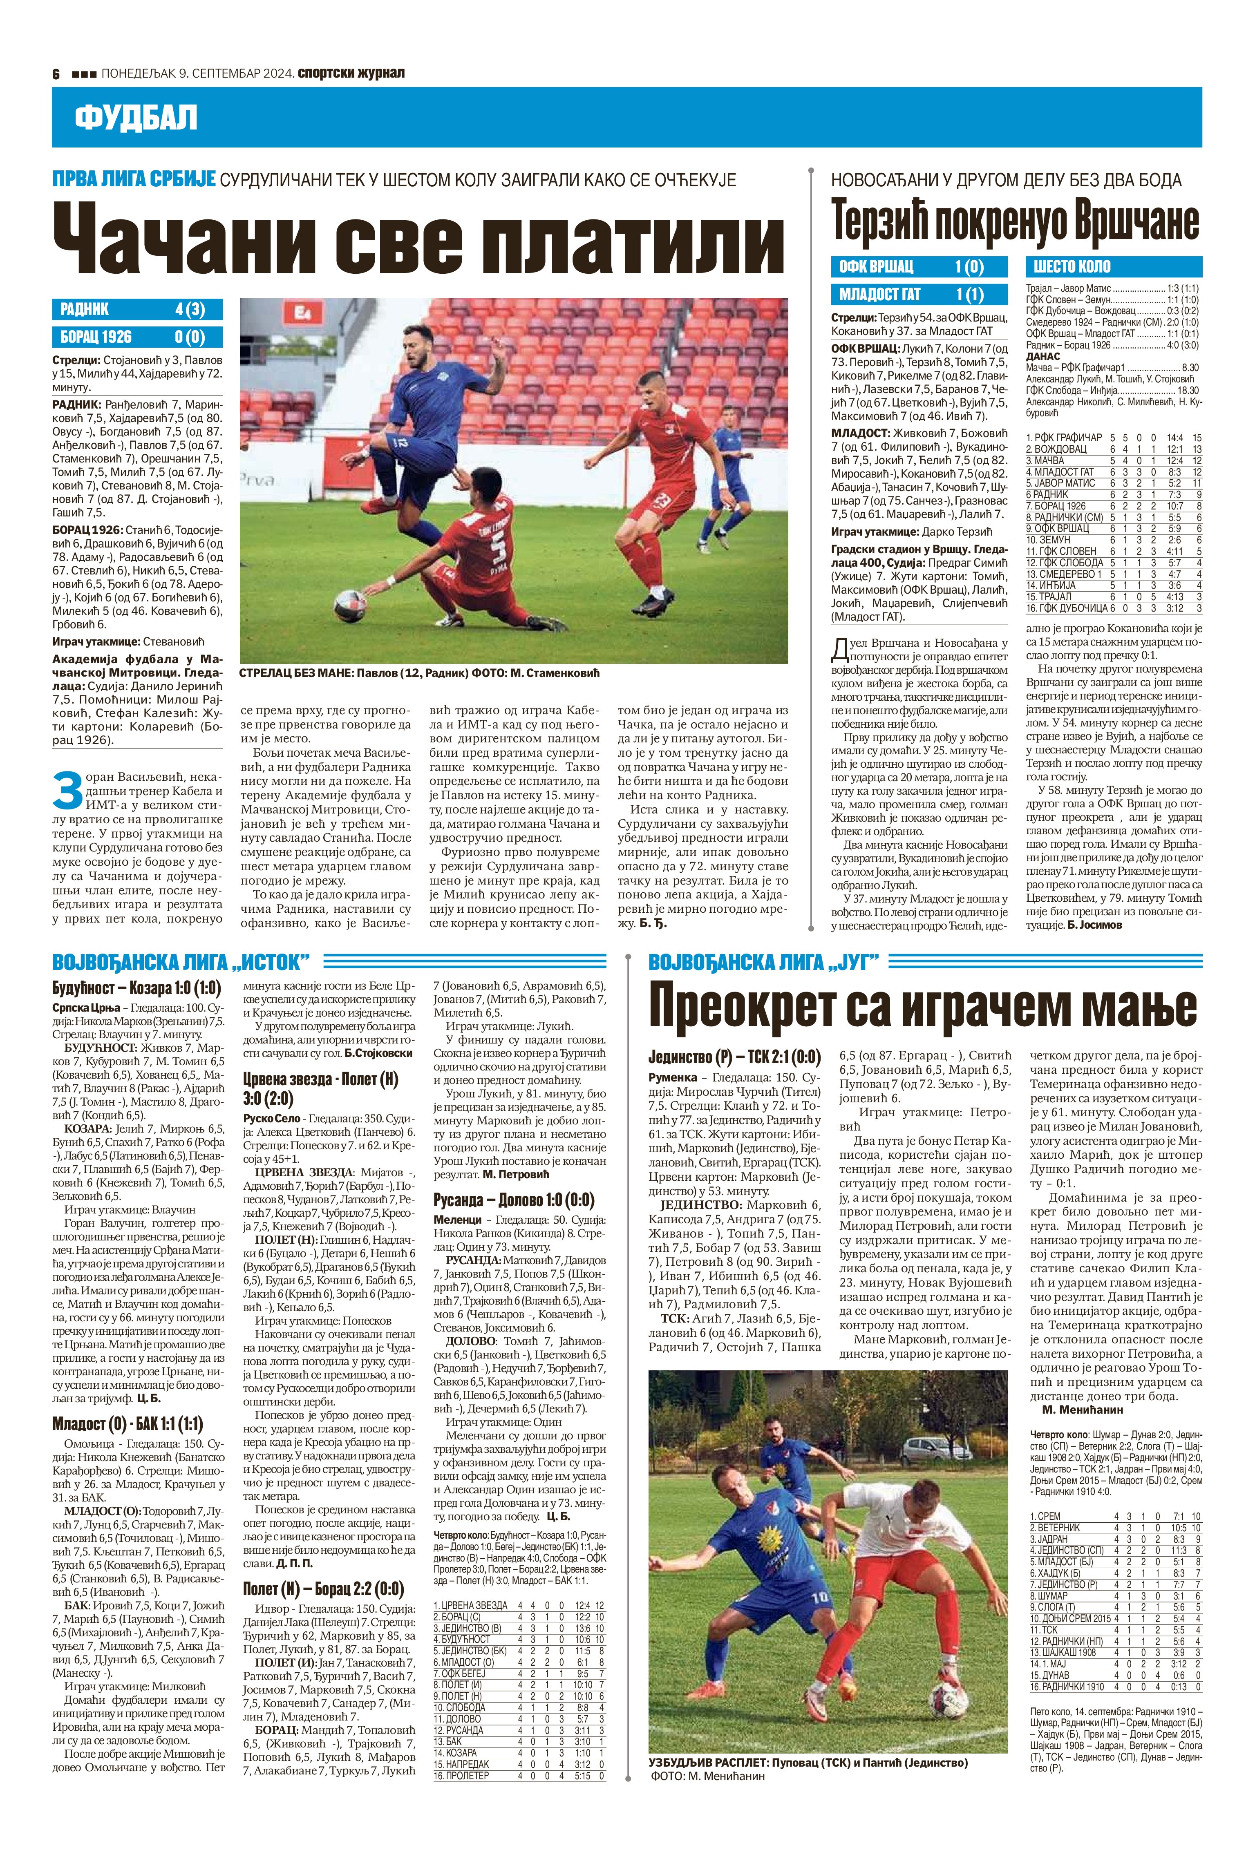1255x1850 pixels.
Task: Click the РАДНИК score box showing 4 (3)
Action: click(137, 310)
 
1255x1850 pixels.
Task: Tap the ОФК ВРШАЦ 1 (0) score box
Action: click(920, 267)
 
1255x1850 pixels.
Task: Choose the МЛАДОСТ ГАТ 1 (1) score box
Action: click(920, 295)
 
